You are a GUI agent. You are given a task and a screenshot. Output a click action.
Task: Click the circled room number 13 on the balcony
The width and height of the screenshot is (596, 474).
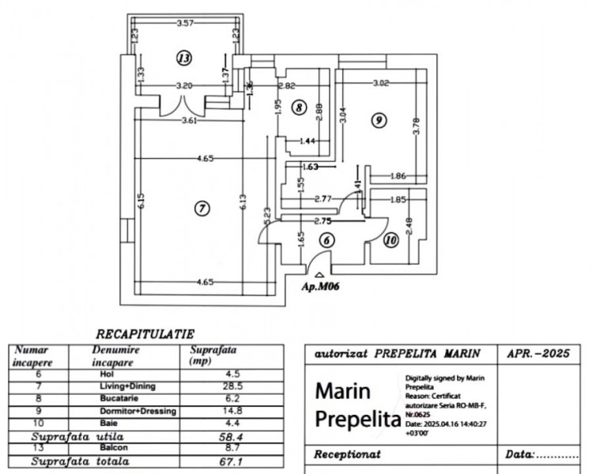click(x=184, y=58)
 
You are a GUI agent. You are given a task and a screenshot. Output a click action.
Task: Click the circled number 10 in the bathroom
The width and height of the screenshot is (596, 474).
click(x=390, y=239)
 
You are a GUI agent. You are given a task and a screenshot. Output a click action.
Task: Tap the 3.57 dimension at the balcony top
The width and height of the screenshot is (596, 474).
click(x=186, y=22)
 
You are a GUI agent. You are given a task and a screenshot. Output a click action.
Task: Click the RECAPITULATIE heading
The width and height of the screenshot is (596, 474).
click(x=145, y=335)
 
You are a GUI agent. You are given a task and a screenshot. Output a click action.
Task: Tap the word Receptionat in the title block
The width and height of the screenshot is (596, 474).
click(x=347, y=454)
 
